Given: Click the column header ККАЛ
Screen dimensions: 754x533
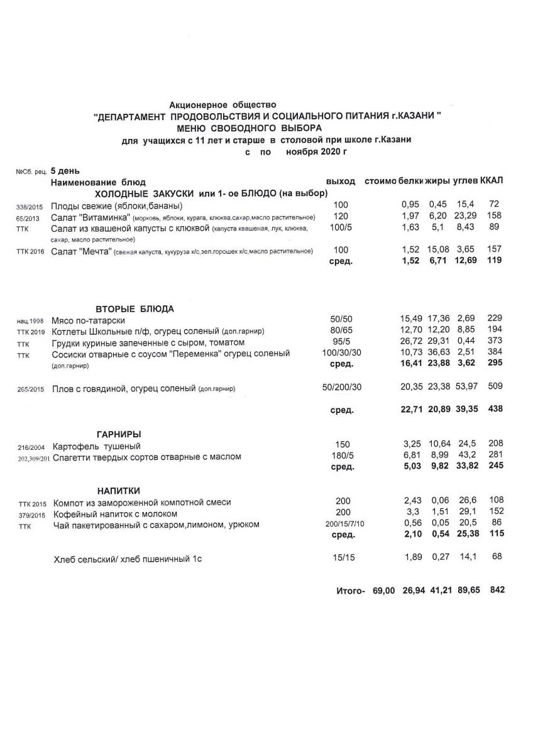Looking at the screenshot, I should tap(492, 181).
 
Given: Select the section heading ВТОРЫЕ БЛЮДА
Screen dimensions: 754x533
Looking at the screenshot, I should tap(135, 309).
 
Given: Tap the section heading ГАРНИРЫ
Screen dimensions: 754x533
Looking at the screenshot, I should tap(119, 434).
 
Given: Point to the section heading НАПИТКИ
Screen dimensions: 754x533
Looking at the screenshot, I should tap(118, 490).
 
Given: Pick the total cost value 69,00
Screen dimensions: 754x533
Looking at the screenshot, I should tap(383, 591).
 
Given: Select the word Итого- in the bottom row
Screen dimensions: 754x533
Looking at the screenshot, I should tap(351, 591).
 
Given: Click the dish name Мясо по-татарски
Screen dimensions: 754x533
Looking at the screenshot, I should tap(88, 320).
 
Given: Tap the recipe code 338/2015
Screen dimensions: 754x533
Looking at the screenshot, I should tap(30, 206).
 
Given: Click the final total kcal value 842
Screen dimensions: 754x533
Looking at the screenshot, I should tap(495, 590).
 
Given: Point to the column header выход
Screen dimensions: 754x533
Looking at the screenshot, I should tap(341, 181).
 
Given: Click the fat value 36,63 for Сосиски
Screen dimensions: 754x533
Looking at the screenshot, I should tap(439, 354).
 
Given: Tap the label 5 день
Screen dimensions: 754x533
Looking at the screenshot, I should tap(65, 170).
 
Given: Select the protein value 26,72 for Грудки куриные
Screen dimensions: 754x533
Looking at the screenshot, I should tap(411, 342).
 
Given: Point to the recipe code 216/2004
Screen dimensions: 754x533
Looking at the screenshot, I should tap(30, 447).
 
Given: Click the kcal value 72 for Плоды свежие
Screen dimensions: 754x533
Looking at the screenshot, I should tap(494, 205).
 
